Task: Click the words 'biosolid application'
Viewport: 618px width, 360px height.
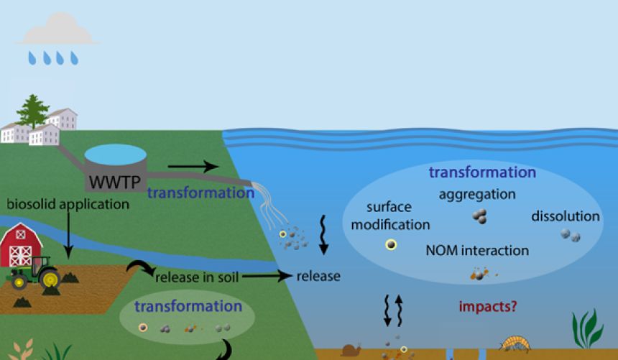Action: (x=68, y=204)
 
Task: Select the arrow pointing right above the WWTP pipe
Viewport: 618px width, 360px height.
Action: (x=192, y=167)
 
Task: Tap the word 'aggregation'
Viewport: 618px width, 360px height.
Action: (x=477, y=194)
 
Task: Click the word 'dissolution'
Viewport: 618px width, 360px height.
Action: (x=566, y=216)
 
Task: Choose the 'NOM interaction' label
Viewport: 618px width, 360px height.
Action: (x=477, y=251)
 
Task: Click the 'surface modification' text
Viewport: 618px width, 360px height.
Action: (x=397, y=216)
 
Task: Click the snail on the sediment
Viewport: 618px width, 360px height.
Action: (x=351, y=351)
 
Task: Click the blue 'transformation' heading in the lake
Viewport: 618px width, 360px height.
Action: (x=482, y=172)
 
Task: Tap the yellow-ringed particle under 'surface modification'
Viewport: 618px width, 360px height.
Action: (x=390, y=245)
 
